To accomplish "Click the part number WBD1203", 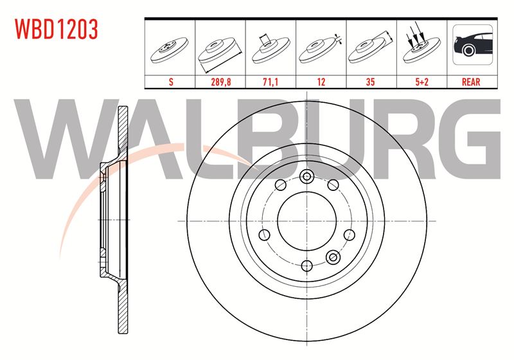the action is pos(57,29).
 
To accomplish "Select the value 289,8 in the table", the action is pos(220,82).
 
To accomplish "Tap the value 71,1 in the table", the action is pos(270,82).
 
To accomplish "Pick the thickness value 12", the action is pos(321,82).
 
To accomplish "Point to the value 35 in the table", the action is pos(371,82).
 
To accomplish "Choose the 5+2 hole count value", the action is pos(421,82).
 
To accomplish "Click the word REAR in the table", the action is pos(471,82).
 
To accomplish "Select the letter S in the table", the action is pos(171,82).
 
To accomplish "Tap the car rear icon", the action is pos(472,44).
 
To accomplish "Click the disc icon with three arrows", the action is pos(421,44).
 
